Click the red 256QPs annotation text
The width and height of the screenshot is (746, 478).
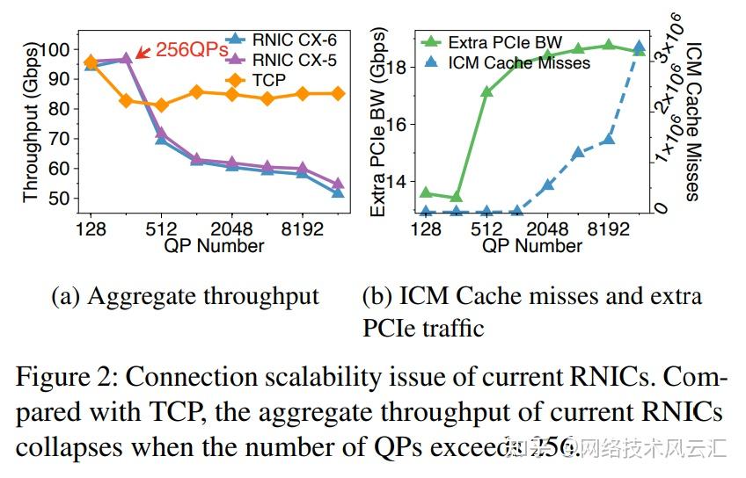pos(191,49)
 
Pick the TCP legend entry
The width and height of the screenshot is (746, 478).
pos(268,80)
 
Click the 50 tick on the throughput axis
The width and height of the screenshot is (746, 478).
pos(62,199)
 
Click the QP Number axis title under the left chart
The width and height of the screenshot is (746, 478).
pos(214,246)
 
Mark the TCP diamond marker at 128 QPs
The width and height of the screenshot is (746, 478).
pos(91,62)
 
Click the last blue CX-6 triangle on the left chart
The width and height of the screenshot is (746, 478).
pos(338,191)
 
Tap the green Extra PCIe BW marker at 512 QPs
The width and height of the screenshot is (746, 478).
pos(486,91)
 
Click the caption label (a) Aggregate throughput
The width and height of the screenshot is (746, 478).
pos(186,297)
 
